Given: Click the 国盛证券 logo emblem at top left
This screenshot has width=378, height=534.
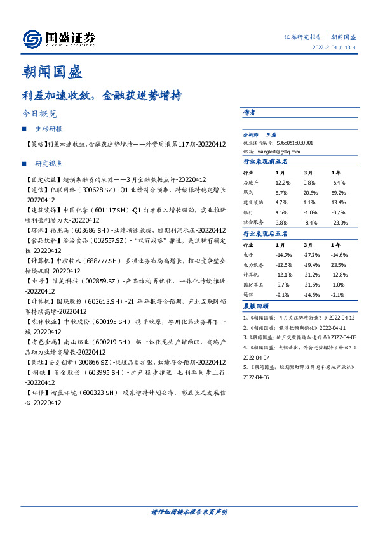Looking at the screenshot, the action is click(32, 39).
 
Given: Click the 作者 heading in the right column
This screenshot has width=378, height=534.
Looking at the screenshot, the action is click(249, 112).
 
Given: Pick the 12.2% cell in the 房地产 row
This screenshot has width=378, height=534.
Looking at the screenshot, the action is click(282, 182).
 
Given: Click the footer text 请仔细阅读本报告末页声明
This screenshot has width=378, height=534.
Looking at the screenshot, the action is click(189, 511).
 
